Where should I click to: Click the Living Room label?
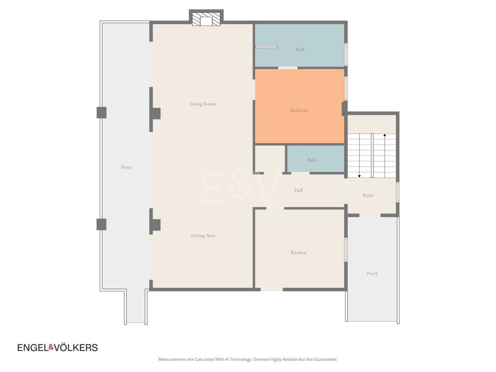coord(203,104)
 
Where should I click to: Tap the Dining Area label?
coord(203,236)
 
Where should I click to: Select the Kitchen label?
coord(298,252)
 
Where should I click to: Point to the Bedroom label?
coord(299,110)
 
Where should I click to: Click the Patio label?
coord(126,167)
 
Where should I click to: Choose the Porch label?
coord(372,273)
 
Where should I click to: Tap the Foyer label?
coord(368,195)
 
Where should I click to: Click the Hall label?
coord(299,190)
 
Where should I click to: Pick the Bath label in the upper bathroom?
coord(300,50)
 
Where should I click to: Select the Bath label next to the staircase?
coord(312,160)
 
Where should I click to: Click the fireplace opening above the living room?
coord(206,21)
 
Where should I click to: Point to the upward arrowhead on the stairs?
coord(385,135)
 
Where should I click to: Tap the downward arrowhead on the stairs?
coord(359,176)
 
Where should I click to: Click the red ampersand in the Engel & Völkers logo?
coord(51,347)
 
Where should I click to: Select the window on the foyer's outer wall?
coord(398,192)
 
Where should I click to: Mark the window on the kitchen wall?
coord(346,250)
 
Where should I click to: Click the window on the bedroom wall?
coord(346,89)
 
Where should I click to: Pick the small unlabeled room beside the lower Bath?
coord(270,159)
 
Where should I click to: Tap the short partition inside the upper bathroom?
coord(266,47)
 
